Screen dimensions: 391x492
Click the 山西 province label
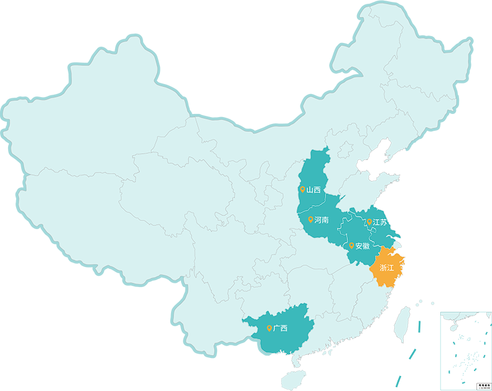(x=313, y=190)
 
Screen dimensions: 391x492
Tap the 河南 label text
(x=322, y=220)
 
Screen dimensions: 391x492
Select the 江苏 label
(x=379, y=222)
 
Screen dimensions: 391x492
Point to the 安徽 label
(x=362, y=246)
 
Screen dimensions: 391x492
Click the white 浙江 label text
(x=386, y=268)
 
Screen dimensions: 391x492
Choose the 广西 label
(x=280, y=328)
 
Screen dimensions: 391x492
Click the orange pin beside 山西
(x=302, y=190)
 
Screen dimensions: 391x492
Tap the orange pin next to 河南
(x=310, y=220)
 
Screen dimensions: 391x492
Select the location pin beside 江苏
(x=369, y=222)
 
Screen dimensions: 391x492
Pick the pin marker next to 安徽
(x=351, y=245)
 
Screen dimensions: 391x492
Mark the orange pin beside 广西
(x=269, y=328)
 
